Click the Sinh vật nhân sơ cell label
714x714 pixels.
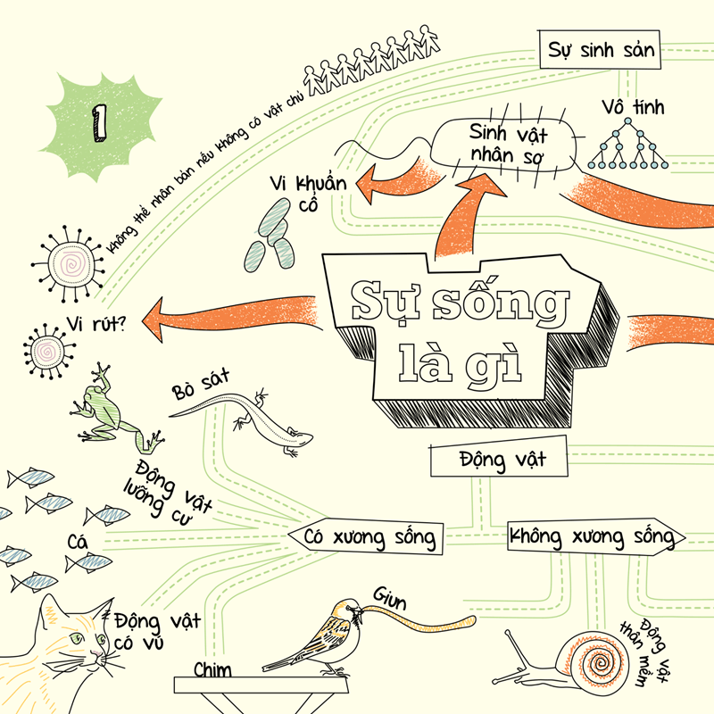510,147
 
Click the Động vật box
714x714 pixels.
501,461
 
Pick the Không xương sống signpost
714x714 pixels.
594,537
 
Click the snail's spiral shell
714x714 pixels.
588,661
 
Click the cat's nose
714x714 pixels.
92,656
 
